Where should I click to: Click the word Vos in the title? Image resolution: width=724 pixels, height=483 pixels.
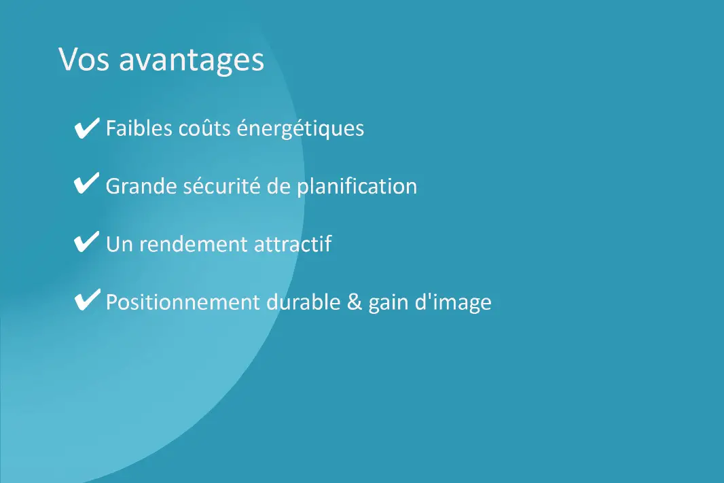tap(84, 60)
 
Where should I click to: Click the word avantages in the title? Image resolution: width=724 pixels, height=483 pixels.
tap(192, 61)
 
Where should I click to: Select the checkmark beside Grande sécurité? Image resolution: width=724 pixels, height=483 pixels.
tap(86, 185)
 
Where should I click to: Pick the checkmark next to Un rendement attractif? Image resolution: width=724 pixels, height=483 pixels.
tap(86, 243)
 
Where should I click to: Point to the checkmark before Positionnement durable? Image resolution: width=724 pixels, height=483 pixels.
tap(86, 301)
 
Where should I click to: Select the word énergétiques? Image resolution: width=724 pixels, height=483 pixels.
tap(300, 129)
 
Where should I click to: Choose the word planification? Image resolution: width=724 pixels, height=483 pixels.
tap(357, 186)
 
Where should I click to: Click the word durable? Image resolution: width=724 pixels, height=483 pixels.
tap(303, 302)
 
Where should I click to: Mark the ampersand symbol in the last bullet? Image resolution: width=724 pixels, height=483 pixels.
tap(354, 302)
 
